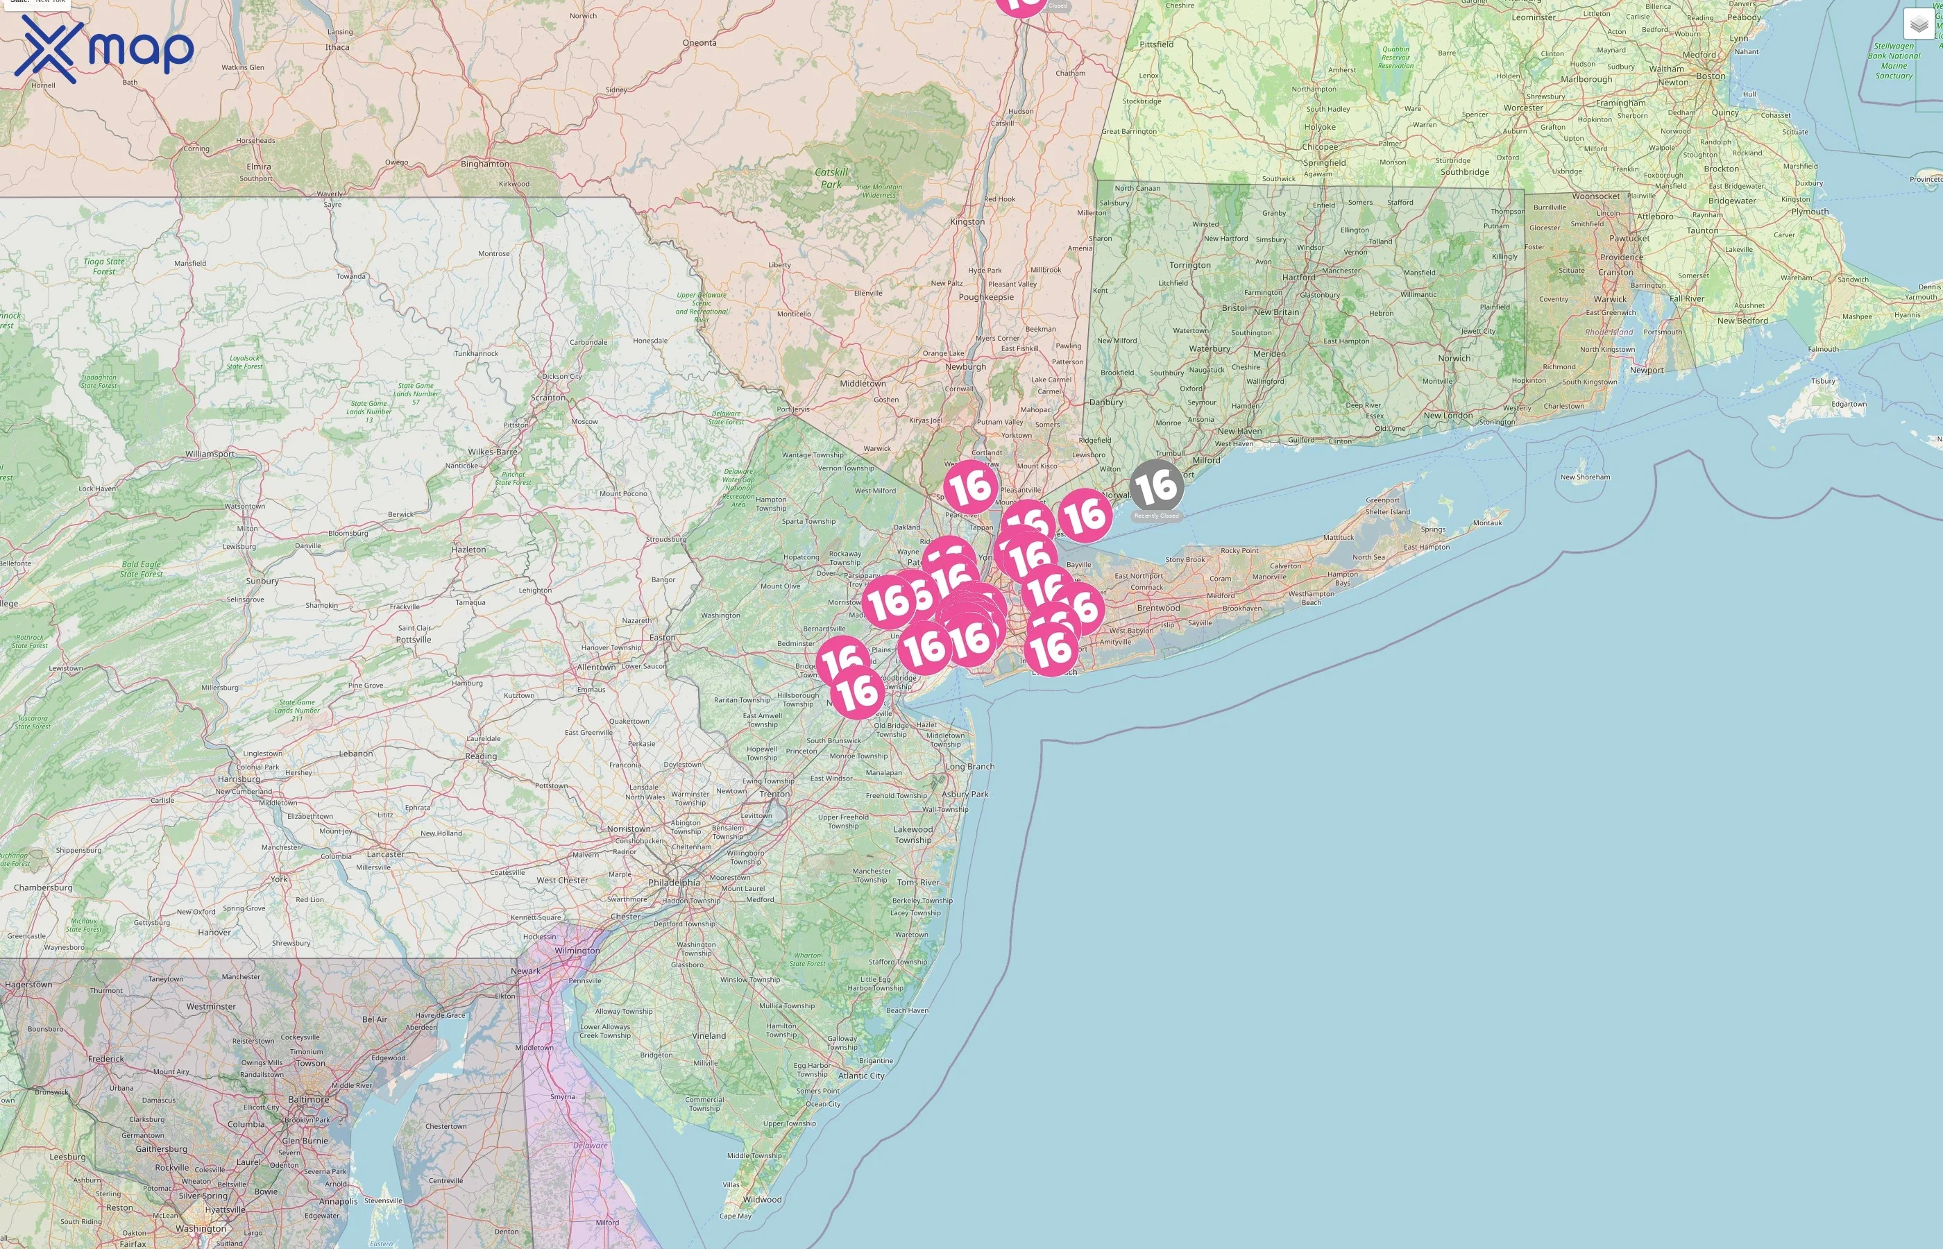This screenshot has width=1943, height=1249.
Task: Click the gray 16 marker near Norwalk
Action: pos(1155,486)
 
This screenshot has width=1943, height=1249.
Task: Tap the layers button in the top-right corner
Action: pos(1918,24)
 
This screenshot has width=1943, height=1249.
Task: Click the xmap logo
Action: pos(104,49)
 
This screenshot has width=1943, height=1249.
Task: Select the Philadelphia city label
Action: pos(674,883)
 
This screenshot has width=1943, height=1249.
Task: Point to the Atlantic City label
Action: pos(861,1076)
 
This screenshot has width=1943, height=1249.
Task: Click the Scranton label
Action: pos(548,398)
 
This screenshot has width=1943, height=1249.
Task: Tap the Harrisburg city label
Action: pos(239,779)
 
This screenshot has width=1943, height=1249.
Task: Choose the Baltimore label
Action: pos(308,1100)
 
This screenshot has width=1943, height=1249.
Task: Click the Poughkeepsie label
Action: pos(986,297)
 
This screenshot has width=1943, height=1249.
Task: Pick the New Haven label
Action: pos(1239,432)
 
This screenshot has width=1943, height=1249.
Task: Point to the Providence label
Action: pos(1622,257)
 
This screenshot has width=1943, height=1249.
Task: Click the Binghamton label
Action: pos(485,164)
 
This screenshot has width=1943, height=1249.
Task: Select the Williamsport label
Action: pos(210,454)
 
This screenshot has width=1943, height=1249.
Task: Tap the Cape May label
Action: pos(736,1216)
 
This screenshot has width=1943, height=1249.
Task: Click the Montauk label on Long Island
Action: pos(1487,523)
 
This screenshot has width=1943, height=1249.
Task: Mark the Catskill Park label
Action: pos(831,178)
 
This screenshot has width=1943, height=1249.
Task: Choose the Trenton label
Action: pos(774,794)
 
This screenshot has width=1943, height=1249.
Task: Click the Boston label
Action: pos(1711,76)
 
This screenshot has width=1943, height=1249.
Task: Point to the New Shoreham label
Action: pos(1586,477)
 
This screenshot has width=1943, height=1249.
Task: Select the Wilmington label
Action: pos(577,951)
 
